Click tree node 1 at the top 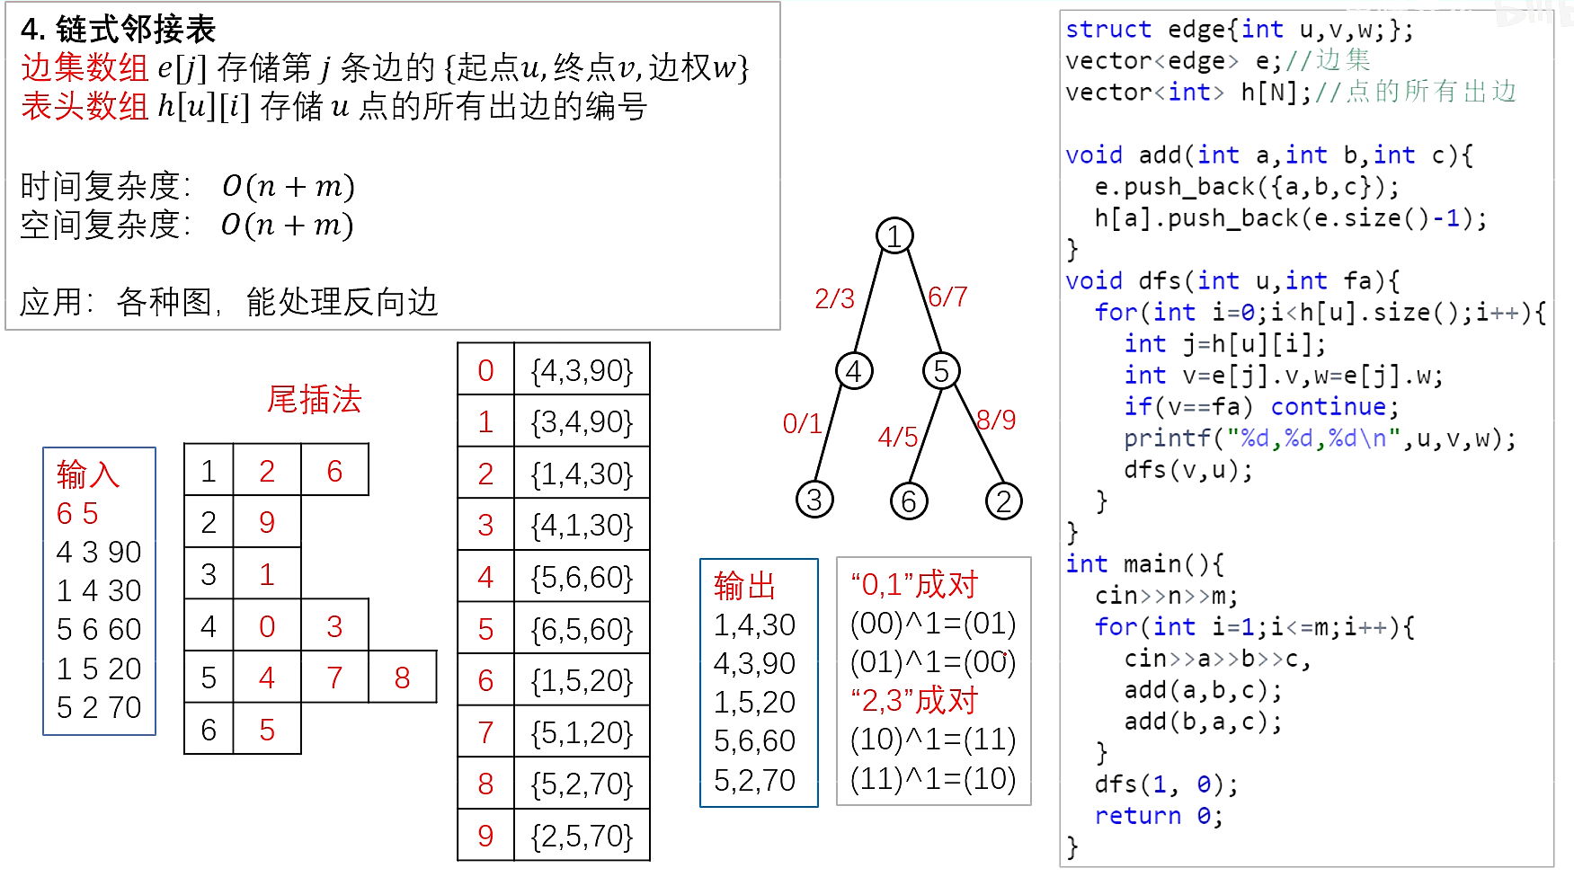894,235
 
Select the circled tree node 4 854,370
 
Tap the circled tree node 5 941,370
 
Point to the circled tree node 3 814,500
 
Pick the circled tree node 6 909,501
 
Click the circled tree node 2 1004,501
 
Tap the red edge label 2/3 834,299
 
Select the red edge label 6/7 947,297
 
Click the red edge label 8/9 996,420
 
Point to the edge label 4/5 898,438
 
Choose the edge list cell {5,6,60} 582,577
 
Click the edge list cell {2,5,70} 582,836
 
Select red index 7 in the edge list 485,732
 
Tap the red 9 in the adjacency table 267,522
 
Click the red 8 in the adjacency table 402,678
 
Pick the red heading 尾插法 314,399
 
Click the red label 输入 87,474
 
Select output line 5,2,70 754,780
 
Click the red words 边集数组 84,67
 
